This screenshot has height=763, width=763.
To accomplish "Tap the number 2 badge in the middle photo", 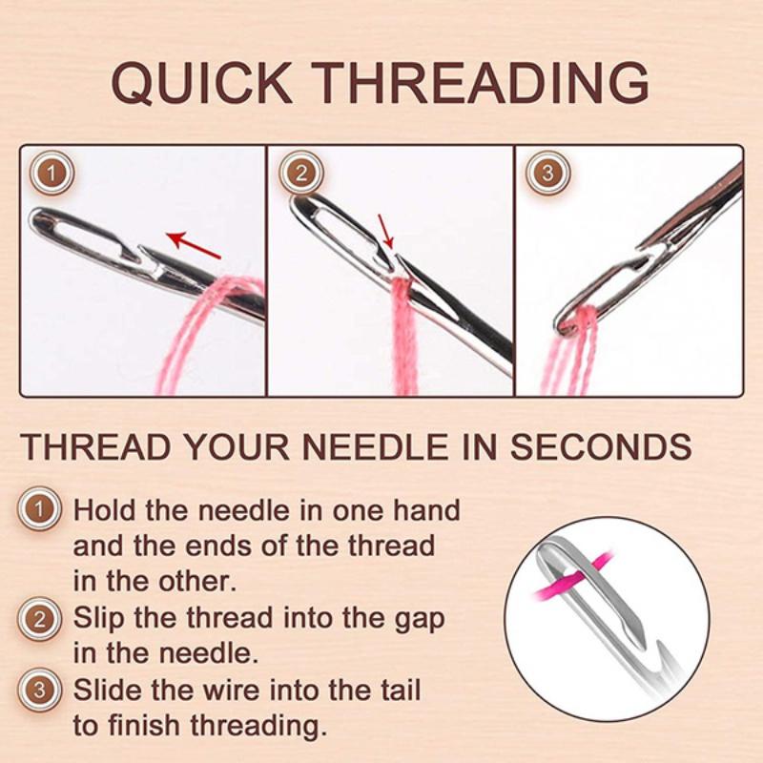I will click(x=299, y=175).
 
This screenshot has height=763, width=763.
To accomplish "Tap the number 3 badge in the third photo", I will click(x=547, y=175).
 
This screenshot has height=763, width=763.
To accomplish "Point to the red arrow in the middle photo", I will click(x=384, y=231).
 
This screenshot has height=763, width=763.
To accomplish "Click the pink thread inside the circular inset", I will click(x=572, y=581).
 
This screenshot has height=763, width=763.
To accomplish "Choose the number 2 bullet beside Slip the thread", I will click(x=39, y=619).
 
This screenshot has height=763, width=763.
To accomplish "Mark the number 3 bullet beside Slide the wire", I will click(x=39, y=690).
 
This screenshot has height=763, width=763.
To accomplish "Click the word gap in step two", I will click(x=417, y=618).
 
